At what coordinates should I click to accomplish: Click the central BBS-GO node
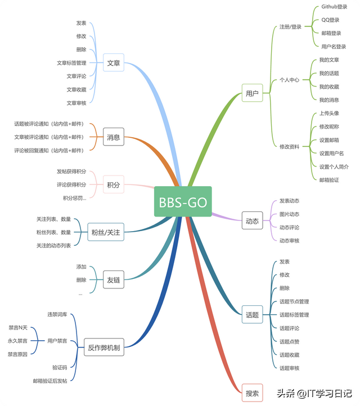(x=183, y=201)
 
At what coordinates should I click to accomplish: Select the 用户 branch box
(x=253, y=93)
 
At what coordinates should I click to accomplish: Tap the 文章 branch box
(x=114, y=63)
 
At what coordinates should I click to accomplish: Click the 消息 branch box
(x=114, y=137)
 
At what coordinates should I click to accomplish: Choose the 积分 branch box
(x=114, y=184)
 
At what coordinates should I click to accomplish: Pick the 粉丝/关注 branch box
(x=106, y=231)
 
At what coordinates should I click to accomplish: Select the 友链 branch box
(x=114, y=279)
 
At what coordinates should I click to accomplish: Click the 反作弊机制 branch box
(x=103, y=348)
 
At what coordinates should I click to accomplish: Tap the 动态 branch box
(x=253, y=221)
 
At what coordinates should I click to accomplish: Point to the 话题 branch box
(x=253, y=315)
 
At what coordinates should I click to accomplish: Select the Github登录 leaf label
(x=334, y=7)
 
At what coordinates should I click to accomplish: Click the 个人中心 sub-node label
(x=289, y=80)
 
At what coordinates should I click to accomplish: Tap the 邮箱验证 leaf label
(x=329, y=180)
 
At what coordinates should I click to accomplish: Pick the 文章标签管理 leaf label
(x=71, y=63)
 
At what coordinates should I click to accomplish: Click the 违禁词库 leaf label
(x=57, y=314)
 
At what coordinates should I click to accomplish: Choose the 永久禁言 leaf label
(x=17, y=341)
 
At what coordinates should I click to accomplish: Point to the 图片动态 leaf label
(x=289, y=214)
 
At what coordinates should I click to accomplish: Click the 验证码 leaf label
(x=60, y=367)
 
